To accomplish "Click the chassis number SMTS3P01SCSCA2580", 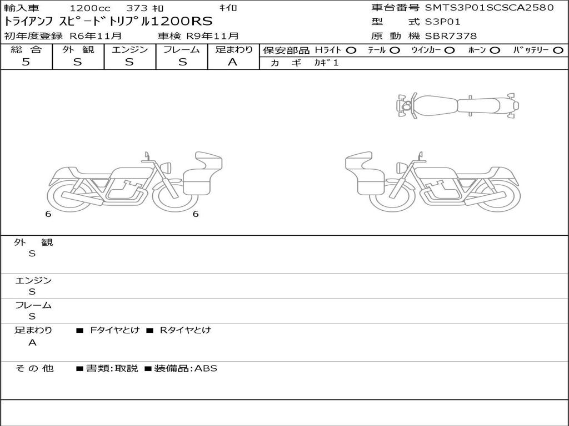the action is tap(490, 7).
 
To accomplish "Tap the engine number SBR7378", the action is tap(451, 36).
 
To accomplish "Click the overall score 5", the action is tap(26, 62).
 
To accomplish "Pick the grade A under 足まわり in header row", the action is tap(232, 62).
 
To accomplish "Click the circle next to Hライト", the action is tap(351, 50).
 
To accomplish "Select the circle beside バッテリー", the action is tap(558, 50).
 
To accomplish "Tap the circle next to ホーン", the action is tap(495, 50).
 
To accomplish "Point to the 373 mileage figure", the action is tap(137, 8).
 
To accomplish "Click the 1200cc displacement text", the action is tap(90, 8).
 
